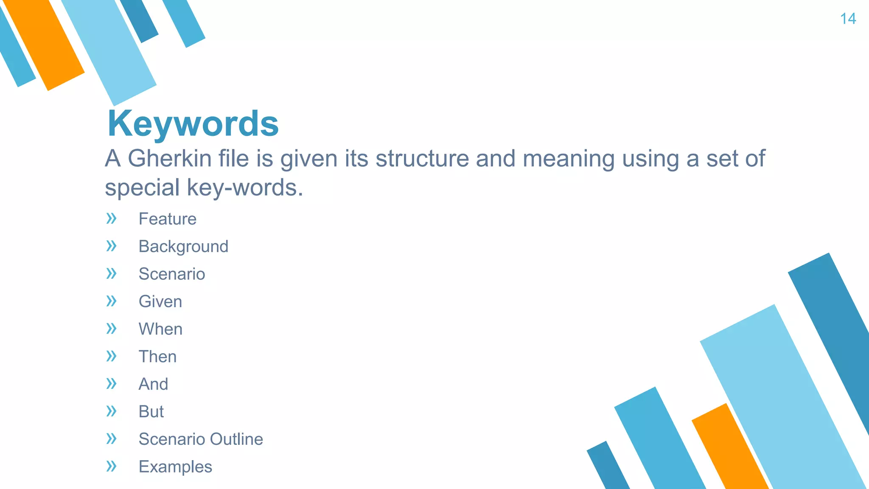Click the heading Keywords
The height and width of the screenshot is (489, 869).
(x=193, y=124)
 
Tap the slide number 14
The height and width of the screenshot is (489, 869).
(x=848, y=19)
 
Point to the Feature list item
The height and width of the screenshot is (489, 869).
(x=167, y=219)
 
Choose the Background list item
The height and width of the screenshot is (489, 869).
(x=183, y=247)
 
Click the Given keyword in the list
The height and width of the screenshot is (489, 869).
(x=160, y=302)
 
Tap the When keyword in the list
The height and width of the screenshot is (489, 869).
(x=160, y=329)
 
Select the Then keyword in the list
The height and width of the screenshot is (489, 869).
(x=157, y=357)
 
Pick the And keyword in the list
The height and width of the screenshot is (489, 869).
(x=153, y=384)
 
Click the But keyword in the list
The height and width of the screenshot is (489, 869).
(x=151, y=412)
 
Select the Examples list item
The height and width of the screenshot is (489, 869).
(x=175, y=467)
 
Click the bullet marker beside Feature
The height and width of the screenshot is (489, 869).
(x=111, y=219)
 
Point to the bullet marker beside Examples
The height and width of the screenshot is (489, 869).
(x=111, y=467)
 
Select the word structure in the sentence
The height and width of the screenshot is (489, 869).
(x=422, y=159)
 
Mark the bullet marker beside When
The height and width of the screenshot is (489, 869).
(x=111, y=329)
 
